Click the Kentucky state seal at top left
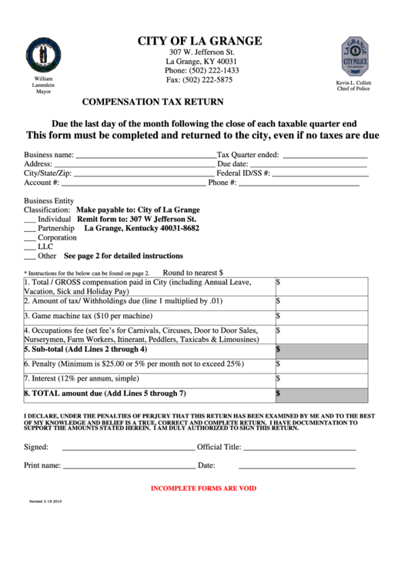(x=42, y=55)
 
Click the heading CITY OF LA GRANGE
(x=199, y=41)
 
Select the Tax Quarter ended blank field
(x=323, y=156)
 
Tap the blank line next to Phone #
(x=298, y=185)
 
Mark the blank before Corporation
(x=30, y=240)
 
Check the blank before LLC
(x=30, y=249)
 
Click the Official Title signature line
(x=299, y=448)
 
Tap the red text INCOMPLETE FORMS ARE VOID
(x=203, y=488)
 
